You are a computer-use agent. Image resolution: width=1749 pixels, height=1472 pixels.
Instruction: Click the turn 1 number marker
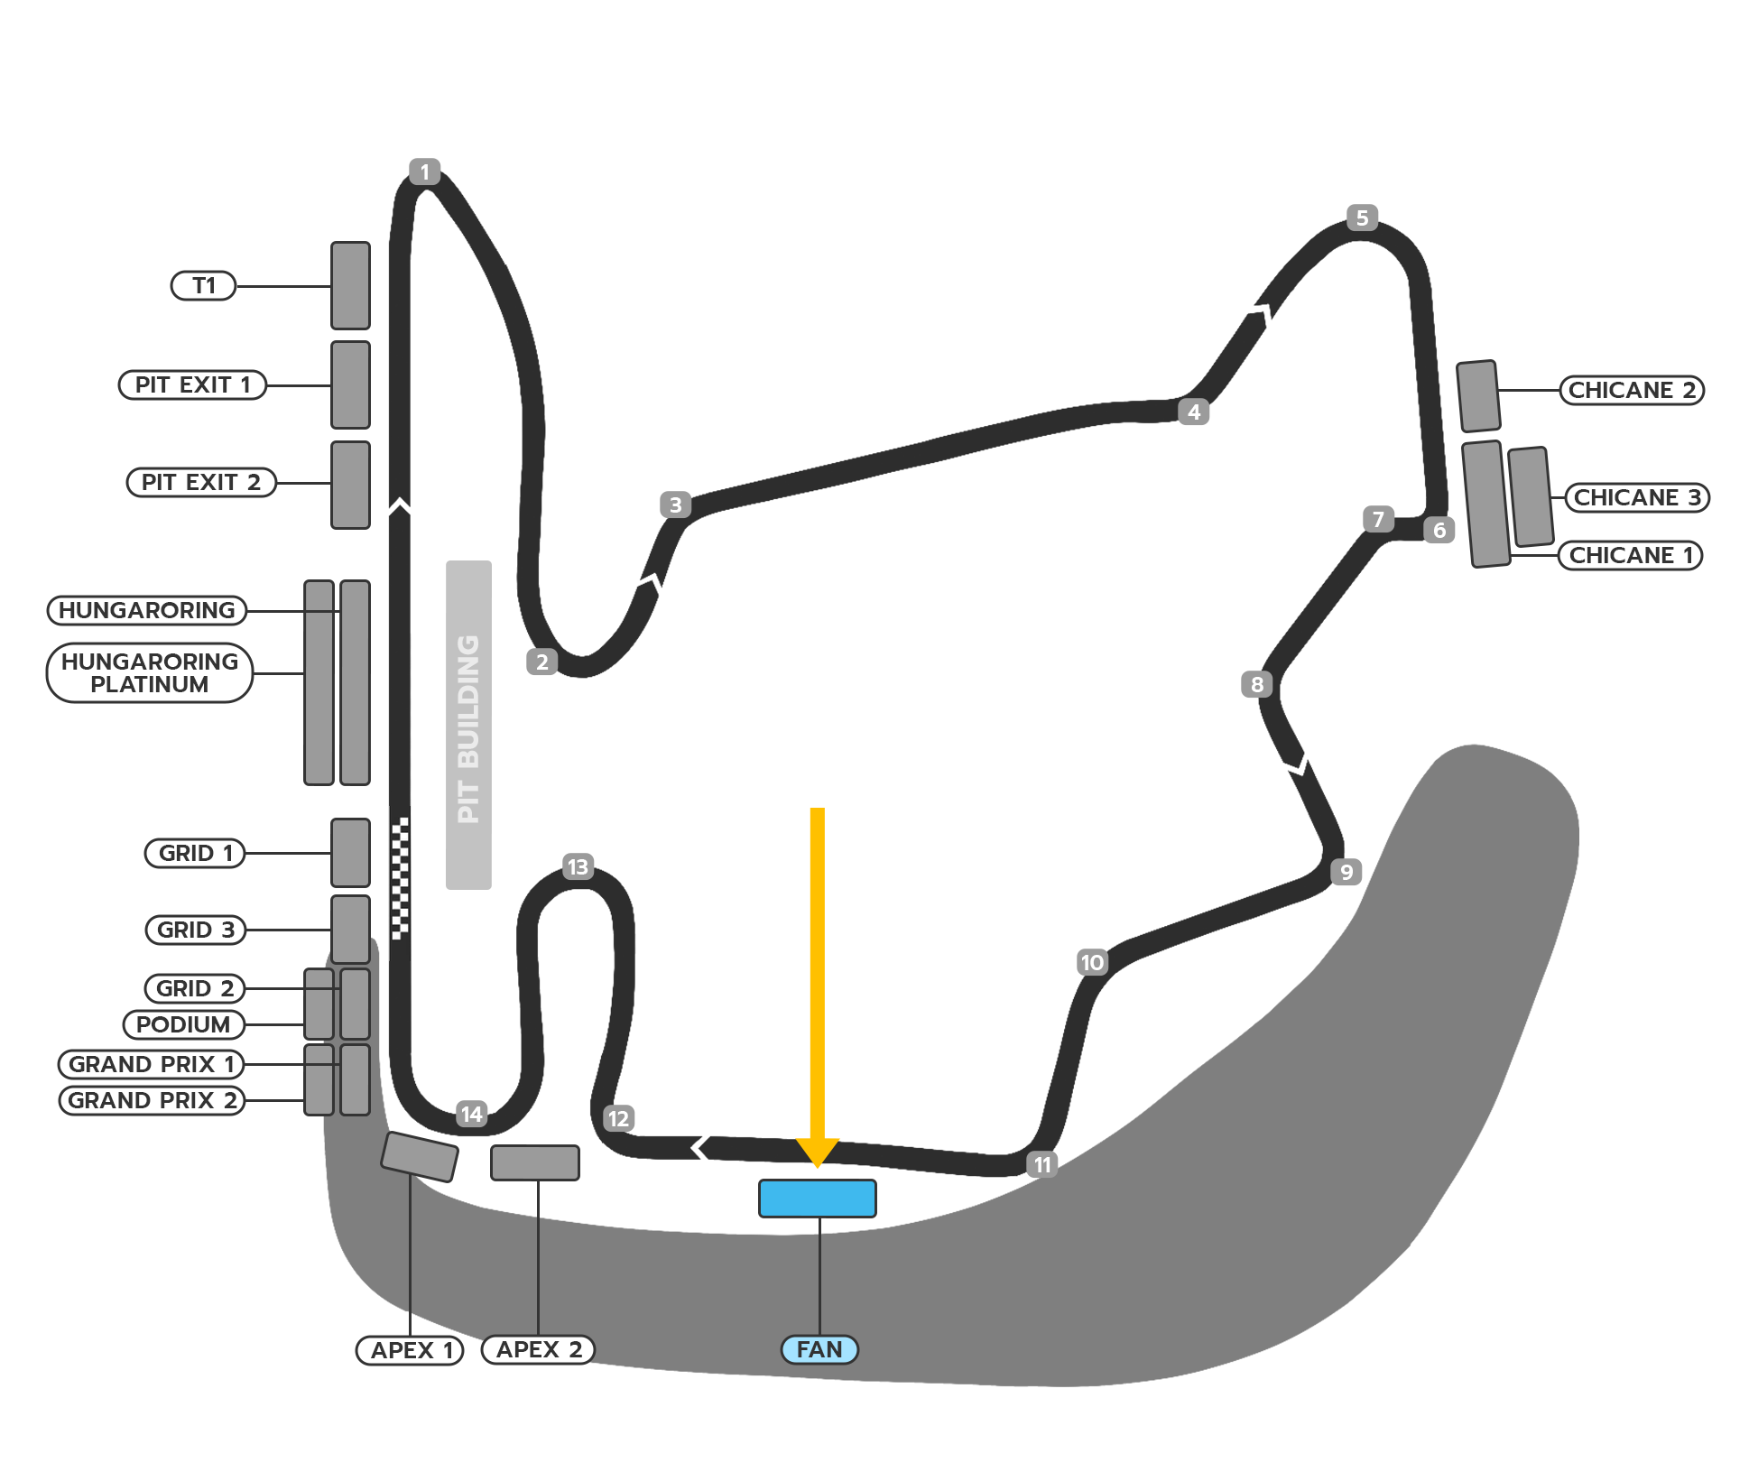(x=424, y=171)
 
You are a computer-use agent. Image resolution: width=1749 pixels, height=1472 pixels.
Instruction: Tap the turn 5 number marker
(x=1362, y=218)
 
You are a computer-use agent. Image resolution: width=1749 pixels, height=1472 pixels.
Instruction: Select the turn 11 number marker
(x=1042, y=1164)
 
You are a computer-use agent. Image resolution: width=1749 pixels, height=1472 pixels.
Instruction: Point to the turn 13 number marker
(x=578, y=867)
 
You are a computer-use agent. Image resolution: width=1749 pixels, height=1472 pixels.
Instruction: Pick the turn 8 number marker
(x=1256, y=684)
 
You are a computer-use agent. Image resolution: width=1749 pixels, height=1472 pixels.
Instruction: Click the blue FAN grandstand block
(x=817, y=1199)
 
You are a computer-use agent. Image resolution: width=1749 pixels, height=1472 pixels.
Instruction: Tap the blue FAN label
(x=819, y=1349)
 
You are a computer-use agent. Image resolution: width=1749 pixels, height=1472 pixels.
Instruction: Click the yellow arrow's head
(x=817, y=1153)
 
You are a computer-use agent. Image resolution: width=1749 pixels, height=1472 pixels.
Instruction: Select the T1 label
(x=203, y=285)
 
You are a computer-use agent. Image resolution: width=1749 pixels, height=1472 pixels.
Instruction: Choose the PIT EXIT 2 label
(x=201, y=482)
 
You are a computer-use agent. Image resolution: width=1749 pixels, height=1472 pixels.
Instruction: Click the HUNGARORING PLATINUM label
(x=150, y=672)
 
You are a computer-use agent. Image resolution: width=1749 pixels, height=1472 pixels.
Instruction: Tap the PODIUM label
(x=183, y=1024)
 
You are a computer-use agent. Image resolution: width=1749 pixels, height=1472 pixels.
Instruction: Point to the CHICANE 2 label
(x=1632, y=390)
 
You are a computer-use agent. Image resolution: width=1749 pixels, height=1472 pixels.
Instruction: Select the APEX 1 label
(x=410, y=1350)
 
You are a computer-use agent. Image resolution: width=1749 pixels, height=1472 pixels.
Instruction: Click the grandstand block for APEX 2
(x=534, y=1162)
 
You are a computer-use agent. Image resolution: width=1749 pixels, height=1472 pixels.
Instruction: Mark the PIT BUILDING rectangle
(x=468, y=725)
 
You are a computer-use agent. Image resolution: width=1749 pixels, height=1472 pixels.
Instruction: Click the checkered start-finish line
(x=400, y=877)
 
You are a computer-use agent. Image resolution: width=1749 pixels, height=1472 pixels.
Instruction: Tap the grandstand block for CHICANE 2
(x=1478, y=396)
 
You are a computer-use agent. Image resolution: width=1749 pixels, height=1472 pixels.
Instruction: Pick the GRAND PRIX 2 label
(x=152, y=1100)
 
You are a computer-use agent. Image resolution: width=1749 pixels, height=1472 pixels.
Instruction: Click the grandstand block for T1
(x=350, y=285)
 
